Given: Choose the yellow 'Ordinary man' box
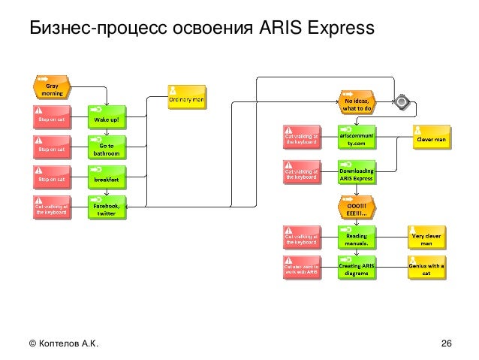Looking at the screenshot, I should [185, 97].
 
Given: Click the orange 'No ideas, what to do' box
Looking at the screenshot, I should [356, 102].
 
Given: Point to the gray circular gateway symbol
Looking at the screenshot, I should [403, 101].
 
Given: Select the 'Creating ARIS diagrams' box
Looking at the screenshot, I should [356, 268].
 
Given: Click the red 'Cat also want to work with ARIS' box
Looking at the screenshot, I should [300, 268].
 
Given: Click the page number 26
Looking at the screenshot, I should [446, 344].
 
